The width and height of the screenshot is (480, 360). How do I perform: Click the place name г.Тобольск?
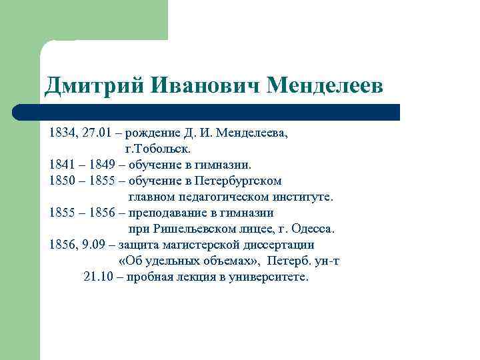[152, 147]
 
